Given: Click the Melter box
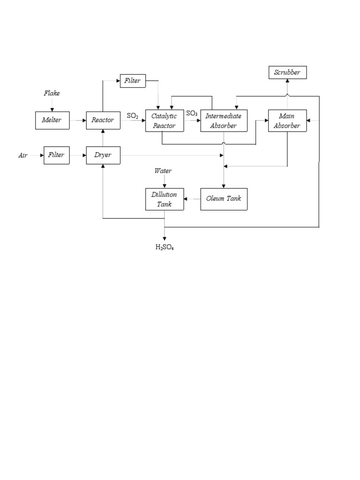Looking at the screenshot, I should pyautogui.click(x=52, y=120).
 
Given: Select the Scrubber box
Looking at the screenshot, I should pyautogui.click(x=287, y=73).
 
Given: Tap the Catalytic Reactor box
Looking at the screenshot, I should pyautogui.click(x=164, y=120).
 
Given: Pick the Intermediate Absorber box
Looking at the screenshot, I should pyautogui.click(x=224, y=120).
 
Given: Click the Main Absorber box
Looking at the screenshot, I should pyautogui.click(x=287, y=120).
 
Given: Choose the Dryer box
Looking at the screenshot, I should pyautogui.click(x=103, y=155).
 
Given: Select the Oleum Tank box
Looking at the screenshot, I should pyautogui.click(x=224, y=199).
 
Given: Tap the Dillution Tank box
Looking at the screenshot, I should pyautogui.click(x=164, y=199).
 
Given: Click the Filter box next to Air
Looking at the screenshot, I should pyautogui.click(x=56, y=155).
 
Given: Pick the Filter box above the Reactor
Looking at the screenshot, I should pyautogui.click(x=133, y=81).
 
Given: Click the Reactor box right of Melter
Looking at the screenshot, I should pyautogui.click(x=103, y=120).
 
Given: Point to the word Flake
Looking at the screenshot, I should pyautogui.click(x=52, y=93).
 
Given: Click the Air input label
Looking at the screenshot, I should pyautogui.click(x=23, y=155).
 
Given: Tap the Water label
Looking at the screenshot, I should pyautogui.click(x=164, y=171).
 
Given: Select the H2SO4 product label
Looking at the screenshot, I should pyautogui.click(x=165, y=247).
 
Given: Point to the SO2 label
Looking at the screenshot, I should pyautogui.click(x=133, y=115).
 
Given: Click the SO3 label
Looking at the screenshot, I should pyautogui.click(x=192, y=113).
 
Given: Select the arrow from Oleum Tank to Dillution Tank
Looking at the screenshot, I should pyautogui.click(x=192, y=199).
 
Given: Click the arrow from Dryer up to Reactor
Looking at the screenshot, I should pyautogui.click(x=103, y=138).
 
